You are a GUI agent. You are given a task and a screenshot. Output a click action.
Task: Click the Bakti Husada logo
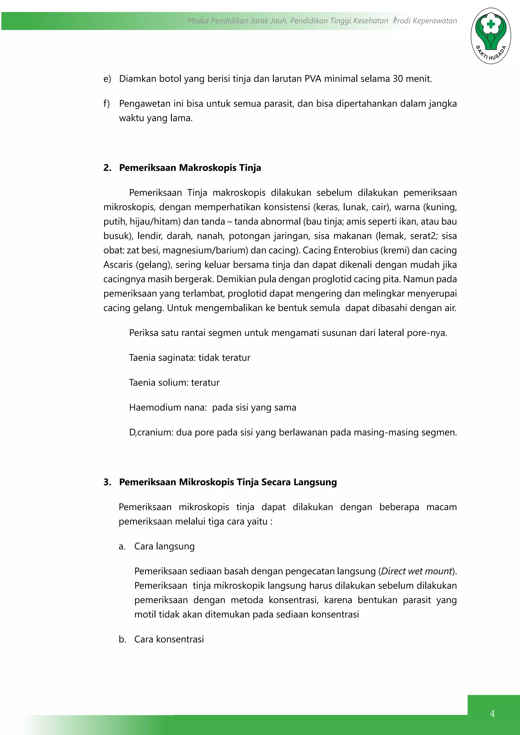tap(491, 36)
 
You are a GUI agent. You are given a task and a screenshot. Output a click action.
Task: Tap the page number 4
tap(492, 713)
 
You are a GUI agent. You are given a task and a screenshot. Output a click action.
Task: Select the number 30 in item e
tap(398, 79)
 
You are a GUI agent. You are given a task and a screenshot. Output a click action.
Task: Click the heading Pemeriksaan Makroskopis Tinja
tap(190, 168)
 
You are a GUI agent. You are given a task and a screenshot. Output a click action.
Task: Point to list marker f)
tap(107, 104)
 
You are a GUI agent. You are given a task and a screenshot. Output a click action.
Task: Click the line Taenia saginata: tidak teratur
tap(190, 358)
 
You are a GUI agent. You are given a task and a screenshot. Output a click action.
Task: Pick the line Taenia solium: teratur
tap(174, 382)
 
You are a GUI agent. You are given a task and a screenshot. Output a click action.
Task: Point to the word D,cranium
tap(151, 432)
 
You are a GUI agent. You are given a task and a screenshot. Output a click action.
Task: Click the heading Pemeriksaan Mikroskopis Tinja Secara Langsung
tap(228, 482)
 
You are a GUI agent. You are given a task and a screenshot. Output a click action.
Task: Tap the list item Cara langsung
tap(164, 546)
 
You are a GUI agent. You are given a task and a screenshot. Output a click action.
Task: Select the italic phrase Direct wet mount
tap(416, 571)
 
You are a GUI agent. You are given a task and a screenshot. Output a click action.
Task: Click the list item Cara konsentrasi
tap(169, 639)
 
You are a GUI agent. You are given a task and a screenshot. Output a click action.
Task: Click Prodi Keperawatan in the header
tap(425, 21)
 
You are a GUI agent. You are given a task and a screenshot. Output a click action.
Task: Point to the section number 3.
tap(107, 482)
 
